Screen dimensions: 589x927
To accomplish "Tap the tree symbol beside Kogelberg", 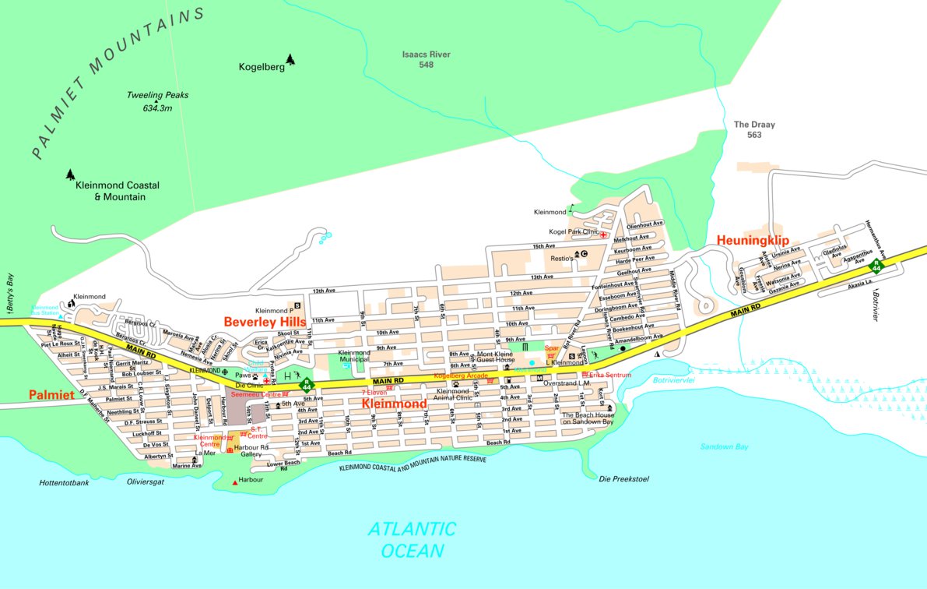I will (x=290, y=59).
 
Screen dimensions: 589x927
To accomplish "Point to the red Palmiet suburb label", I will (x=51, y=395).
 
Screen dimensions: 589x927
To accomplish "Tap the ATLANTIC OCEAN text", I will (x=412, y=540).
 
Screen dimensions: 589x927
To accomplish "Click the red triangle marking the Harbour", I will (x=235, y=484).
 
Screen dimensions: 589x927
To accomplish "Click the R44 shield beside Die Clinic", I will (x=307, y=384).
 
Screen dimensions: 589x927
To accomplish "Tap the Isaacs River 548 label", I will (x=426, y=59).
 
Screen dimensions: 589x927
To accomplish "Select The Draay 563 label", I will (x=754, y=129).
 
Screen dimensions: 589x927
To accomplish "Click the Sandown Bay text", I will (x=723, y=446).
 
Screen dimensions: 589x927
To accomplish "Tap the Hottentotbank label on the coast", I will (x=64, y=483).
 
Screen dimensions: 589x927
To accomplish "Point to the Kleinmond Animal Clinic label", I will (x=453, y=396).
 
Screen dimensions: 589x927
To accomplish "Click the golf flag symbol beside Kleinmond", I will (x=572, y=209).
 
